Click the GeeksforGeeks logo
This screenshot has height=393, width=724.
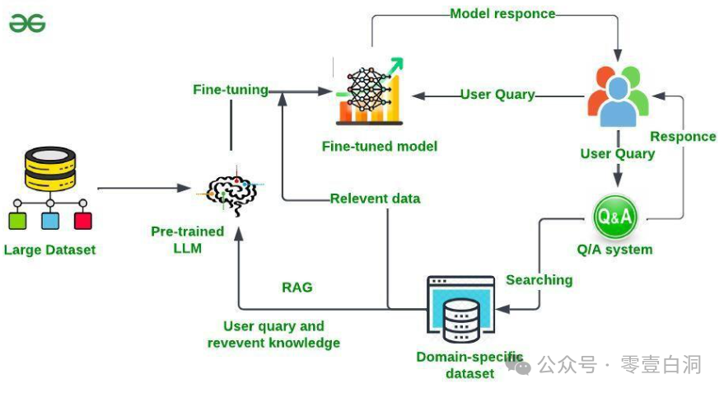click(26, 24)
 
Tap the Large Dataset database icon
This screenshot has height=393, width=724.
click(49, 168)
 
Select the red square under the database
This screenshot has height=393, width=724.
click(82, 221)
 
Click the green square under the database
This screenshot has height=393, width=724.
click(17, 221)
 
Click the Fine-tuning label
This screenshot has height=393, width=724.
click(231, 89)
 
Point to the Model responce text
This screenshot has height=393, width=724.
click(502, 14)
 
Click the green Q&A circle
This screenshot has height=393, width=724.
click(615, 217)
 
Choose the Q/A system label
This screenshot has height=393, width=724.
click(614, 249)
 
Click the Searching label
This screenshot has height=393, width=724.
click(539, 280)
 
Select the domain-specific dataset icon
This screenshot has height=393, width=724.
click(461, 311)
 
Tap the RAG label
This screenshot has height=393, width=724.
click(297, 288)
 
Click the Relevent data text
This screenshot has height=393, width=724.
click(375, 199)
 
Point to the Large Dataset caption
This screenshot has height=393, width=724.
click(49, 250)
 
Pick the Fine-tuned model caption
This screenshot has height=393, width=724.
click(379, 146)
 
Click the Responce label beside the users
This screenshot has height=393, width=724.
click(683, 136)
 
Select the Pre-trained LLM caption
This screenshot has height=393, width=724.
click(187, 239)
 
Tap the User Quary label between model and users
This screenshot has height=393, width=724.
click(497, 95)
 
